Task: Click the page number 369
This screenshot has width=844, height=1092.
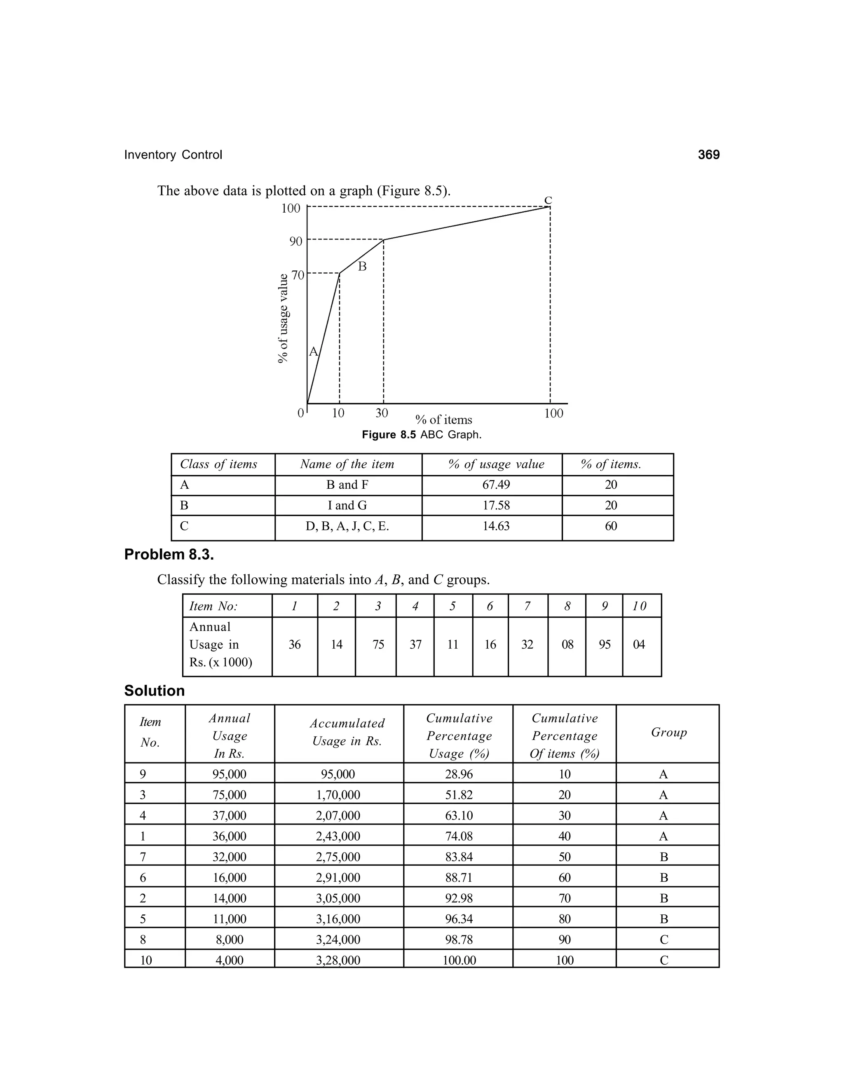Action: tap(708, 155)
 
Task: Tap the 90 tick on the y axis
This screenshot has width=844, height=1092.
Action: tap(296, 241)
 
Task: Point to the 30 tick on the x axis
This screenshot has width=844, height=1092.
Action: tap(382, 413)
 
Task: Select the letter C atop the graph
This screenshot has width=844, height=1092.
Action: tap(548, 201)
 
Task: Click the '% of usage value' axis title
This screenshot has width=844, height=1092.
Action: tap(284, 319)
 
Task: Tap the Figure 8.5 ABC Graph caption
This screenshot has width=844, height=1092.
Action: tap(422, 434)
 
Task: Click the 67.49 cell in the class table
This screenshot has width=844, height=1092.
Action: tap(496, 485)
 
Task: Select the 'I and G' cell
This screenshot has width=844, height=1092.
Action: tap(347, 506)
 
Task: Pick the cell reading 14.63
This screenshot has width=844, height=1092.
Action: tap(496, 526)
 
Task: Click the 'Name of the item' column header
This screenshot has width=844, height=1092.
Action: tap(347, 464)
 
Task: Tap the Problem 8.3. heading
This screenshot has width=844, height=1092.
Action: tap(169, 555)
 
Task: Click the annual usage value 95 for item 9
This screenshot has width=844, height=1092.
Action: tap(605, 644)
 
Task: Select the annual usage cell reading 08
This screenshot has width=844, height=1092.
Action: tap(567, 644)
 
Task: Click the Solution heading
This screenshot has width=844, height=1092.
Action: tap(155, 691)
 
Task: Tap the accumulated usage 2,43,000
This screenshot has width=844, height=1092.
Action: tap(338, 836)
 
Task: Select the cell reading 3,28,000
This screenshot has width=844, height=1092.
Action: tap(338, 960)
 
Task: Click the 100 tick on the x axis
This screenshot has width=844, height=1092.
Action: tap(553, 413)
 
